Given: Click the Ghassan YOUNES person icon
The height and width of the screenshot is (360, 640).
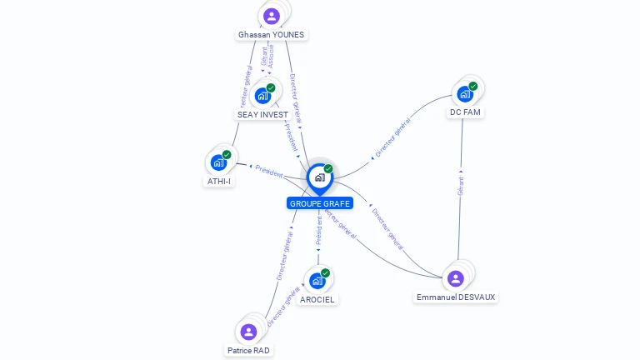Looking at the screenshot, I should point(271,16).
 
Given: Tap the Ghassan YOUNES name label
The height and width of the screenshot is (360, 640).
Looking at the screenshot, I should point(272,35).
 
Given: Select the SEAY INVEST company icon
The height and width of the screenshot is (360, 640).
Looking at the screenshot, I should point(262,95).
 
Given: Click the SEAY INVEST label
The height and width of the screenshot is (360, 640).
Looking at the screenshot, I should point(262,114).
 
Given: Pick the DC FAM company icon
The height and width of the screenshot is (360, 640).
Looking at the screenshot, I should point(465,93).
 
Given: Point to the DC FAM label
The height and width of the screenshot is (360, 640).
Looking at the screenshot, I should point(465,112).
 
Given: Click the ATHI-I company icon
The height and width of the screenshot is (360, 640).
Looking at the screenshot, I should point(218,162).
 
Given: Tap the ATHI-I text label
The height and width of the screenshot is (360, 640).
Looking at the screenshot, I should point(218,181).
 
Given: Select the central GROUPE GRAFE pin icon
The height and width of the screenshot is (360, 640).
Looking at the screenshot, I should point(319,177).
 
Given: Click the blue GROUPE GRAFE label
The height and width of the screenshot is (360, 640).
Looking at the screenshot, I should point(320,203).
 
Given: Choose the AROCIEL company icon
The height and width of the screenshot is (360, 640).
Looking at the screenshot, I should point(317,280).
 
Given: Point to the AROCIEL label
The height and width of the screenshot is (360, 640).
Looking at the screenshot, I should point(317,299).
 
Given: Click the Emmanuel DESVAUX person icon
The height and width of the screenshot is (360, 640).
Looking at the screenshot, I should point(455,278).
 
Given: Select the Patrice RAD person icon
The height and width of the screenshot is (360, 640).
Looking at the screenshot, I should point(248,332).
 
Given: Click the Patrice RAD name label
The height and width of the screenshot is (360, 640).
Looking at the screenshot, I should point(248,351).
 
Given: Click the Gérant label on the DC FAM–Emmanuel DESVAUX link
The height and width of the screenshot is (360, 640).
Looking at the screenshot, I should point(460,186).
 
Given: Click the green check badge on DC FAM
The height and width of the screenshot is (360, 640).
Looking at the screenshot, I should point(473,86).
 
